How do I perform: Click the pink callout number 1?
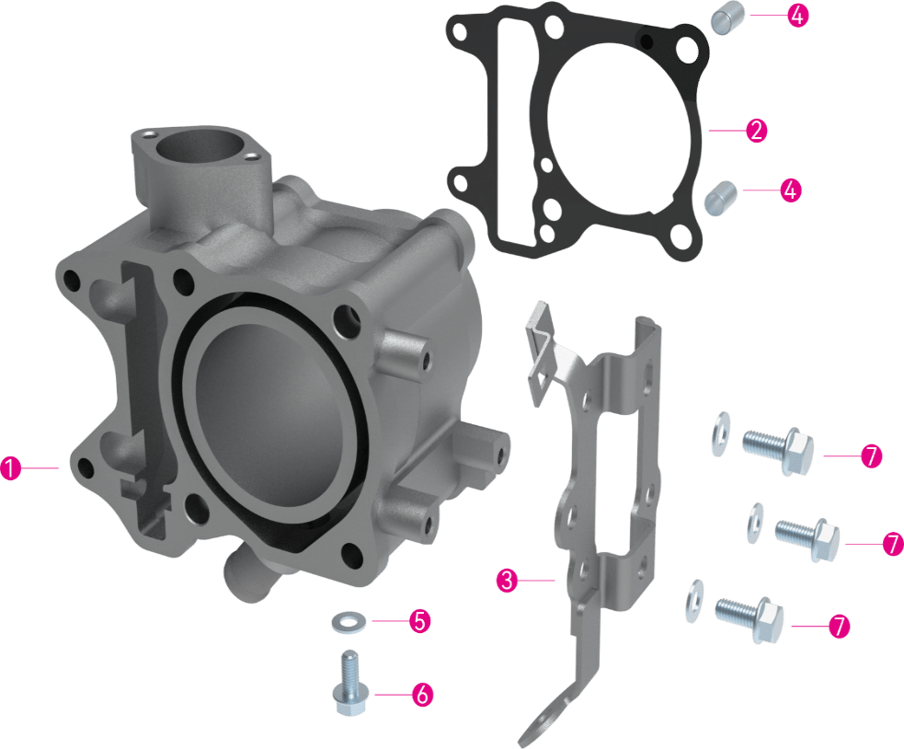coord(10,467)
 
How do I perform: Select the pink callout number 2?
coord(757,131)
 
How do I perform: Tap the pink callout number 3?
coord(507,580)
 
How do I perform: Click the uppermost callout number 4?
coord(797,16)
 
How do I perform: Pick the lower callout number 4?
coord(790,190)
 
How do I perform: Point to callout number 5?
coord(419,621)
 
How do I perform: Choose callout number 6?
coord(422,694)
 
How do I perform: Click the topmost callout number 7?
coord(872,455)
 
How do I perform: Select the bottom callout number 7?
coord(839,626)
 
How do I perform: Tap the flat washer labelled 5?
coord(345,623)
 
